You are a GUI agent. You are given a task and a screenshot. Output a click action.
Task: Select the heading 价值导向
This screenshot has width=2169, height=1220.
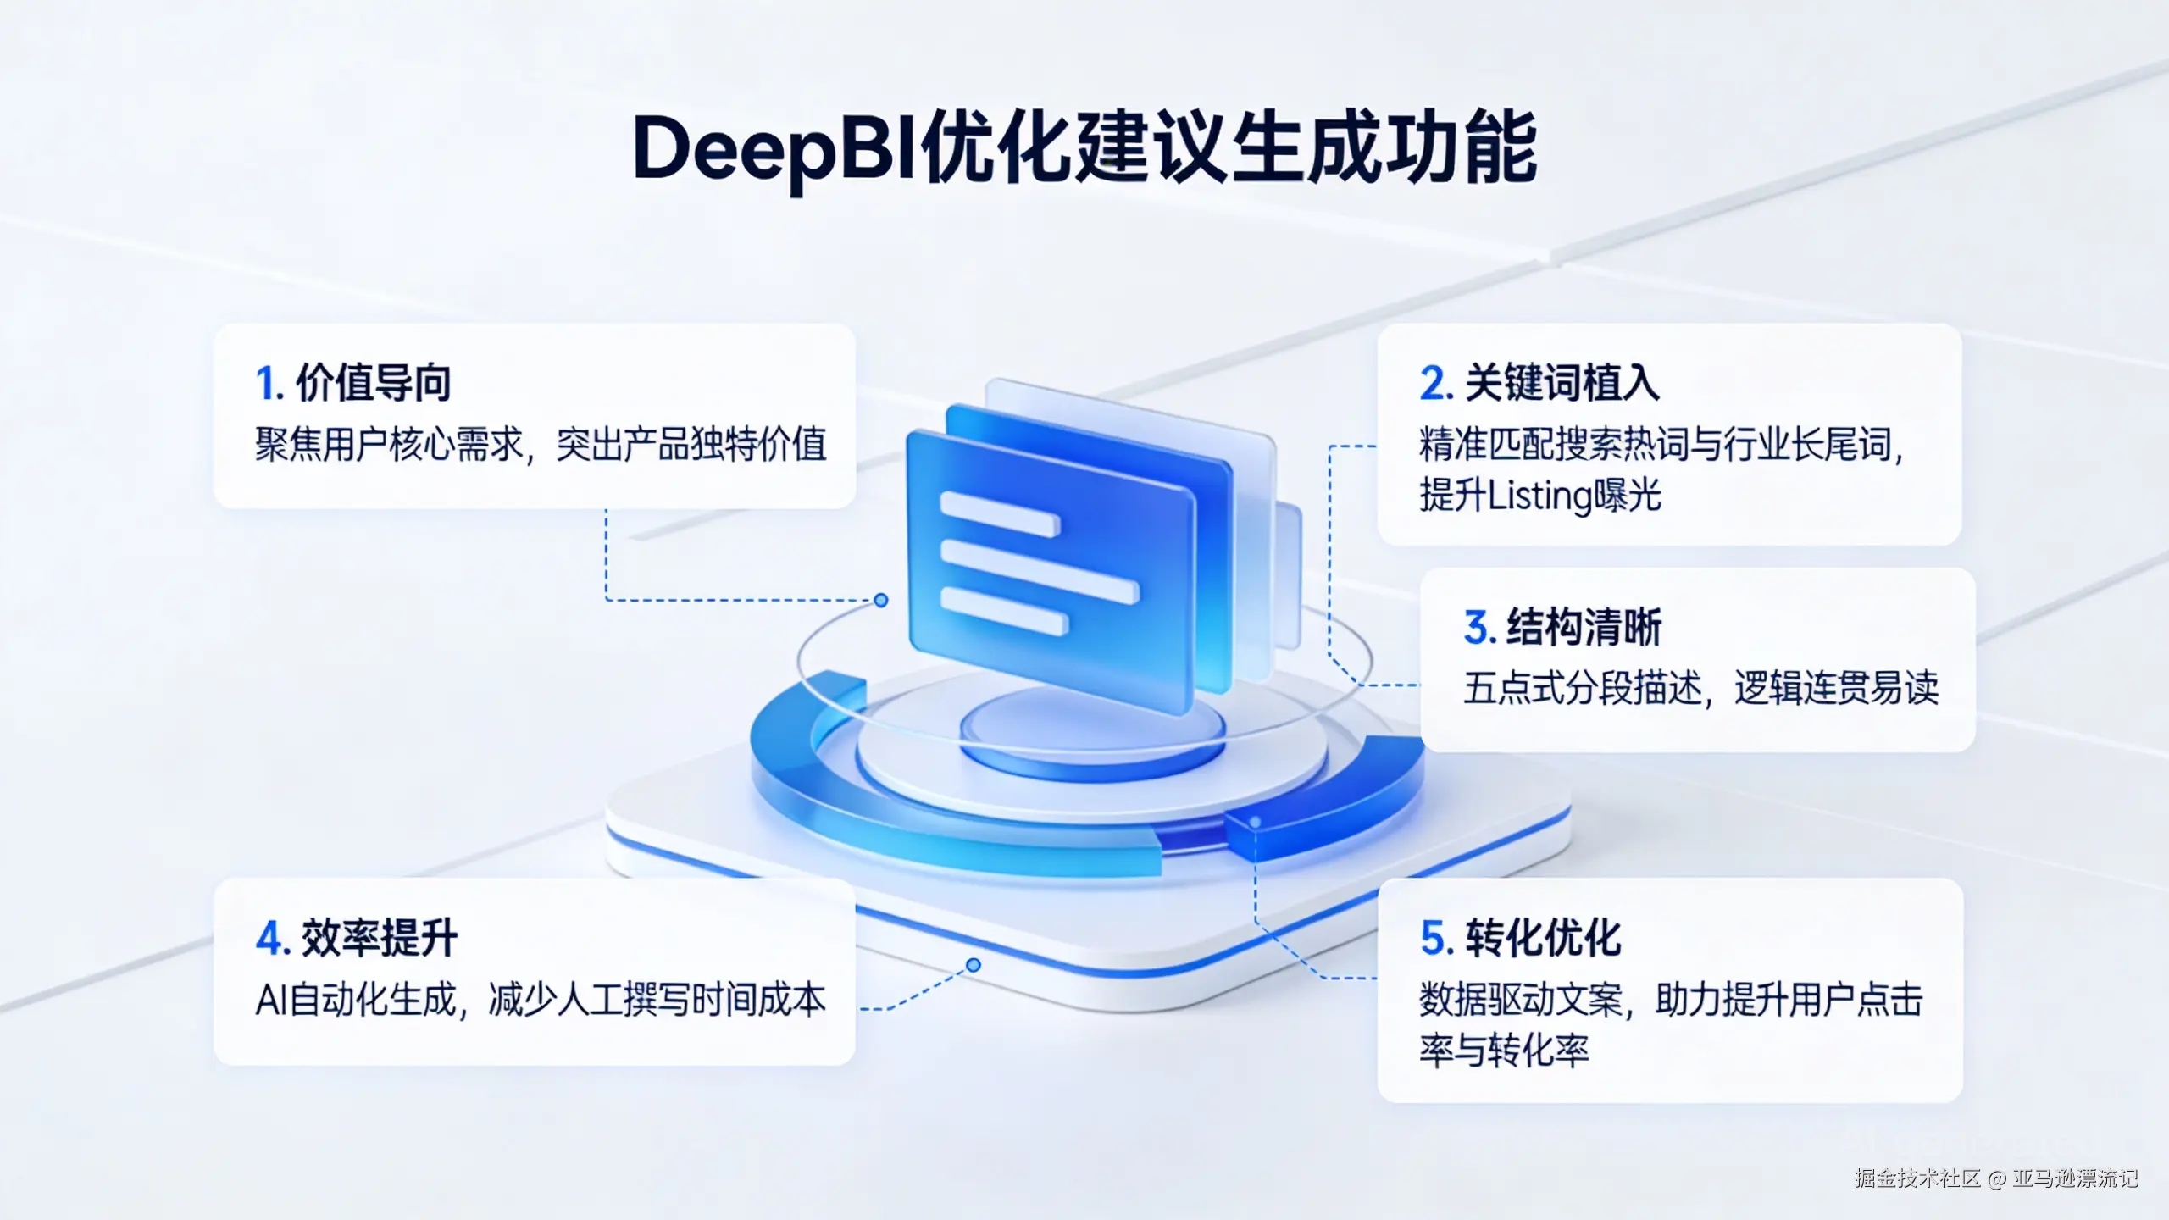373,383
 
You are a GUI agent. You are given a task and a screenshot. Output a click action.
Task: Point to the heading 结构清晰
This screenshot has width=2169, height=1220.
1584,628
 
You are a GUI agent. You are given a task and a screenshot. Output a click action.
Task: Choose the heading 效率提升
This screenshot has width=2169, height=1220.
380,939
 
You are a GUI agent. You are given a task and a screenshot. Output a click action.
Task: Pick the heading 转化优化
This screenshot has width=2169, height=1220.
1543,939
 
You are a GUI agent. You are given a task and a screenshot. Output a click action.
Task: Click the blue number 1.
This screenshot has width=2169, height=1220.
269,384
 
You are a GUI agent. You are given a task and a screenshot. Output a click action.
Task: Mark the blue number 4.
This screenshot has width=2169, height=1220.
273,940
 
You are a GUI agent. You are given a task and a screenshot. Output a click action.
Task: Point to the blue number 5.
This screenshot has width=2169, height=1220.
1437,940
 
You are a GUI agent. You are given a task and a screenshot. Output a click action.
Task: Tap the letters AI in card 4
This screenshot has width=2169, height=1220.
271,1001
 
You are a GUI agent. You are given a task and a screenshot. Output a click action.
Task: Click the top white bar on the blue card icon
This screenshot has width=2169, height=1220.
1000,513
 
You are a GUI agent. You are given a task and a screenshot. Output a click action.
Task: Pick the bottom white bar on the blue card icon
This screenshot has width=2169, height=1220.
1004,611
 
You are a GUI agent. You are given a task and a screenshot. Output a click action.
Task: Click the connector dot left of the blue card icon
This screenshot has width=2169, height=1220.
881,601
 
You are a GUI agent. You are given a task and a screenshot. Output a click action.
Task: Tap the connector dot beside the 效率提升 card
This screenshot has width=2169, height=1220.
974,965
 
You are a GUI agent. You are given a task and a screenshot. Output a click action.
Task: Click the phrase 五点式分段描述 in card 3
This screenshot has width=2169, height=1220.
1582,688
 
